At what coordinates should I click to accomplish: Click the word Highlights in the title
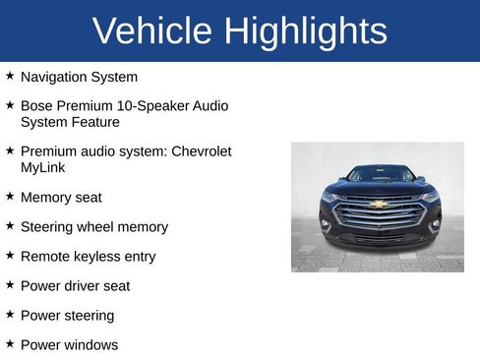point(305,31)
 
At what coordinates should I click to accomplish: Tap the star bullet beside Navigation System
point(10,75)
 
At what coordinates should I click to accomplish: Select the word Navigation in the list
point(54,77)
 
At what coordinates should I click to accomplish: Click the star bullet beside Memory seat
point(10,196)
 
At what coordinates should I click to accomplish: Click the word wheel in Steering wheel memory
point(103,227)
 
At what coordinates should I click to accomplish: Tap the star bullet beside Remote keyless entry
point(10,255)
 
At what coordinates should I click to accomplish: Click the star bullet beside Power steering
point(10,314)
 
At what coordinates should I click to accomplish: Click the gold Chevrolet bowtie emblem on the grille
point(378,205)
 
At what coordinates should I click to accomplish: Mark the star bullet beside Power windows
point(10,343)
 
